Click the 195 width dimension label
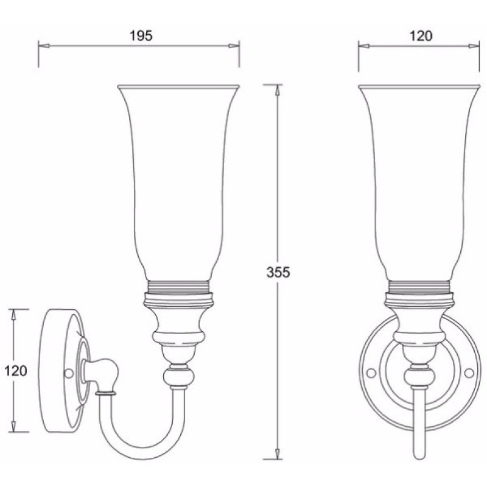click(141, 36)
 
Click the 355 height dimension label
click(278, 272)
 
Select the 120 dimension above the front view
click(421, 36)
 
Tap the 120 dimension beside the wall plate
click(16, 371)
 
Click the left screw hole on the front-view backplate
click(371, 373)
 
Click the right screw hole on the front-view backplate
click(469, 373)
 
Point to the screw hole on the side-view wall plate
click(68, 373)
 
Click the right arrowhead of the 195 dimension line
click(234, 46)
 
